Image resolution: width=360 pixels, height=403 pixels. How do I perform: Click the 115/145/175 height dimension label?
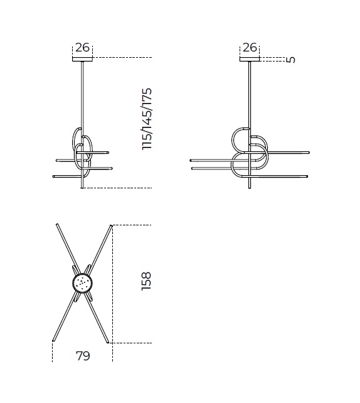(147, 119)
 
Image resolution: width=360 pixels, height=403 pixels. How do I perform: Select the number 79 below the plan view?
(82, 357)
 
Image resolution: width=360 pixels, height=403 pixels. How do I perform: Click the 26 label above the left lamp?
(82, 48)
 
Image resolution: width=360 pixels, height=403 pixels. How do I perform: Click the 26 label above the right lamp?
(250, 48)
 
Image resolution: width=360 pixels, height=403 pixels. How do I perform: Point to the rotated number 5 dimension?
(290, 60)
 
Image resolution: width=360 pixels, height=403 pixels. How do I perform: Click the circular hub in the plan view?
(82, 284)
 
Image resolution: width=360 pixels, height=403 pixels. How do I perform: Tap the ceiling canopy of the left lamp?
(82, 60)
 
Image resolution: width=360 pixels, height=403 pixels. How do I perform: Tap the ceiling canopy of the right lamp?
(250, 60)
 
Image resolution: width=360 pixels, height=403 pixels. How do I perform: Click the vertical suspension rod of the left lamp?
(82, 94)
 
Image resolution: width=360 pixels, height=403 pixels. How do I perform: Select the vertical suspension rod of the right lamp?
(250, 94)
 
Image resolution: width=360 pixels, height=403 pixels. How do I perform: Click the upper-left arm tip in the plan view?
(56, 223)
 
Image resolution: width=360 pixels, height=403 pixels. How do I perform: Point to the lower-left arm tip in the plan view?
(53, 342)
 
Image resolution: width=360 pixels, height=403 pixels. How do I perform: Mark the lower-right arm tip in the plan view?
(108, 343)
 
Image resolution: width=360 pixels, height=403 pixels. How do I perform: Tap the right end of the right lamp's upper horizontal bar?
(309, 153)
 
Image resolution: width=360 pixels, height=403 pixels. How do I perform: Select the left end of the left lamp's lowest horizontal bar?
(55, 177)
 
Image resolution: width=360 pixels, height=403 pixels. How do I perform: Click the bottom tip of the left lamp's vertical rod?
(82, 188)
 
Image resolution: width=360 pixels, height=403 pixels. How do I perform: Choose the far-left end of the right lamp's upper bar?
(191, 160)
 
